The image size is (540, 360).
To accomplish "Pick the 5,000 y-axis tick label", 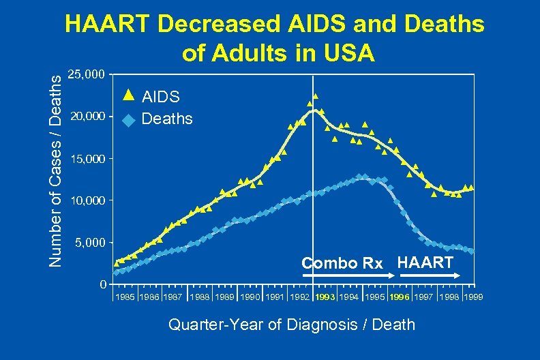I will coord(90,243).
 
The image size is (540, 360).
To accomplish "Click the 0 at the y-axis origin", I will coord(102,284).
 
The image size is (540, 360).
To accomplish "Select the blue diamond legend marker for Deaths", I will coord(127,120).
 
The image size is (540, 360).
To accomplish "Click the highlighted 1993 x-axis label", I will coord(326,297).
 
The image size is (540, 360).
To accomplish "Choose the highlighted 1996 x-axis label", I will coord(400,297).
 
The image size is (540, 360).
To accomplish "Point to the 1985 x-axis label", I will coord(125,297).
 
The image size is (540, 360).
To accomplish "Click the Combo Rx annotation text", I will coord(342,263).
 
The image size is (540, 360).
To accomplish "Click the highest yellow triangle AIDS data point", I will coord(315,97).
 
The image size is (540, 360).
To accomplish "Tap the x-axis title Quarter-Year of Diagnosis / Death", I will coord(291,324).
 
